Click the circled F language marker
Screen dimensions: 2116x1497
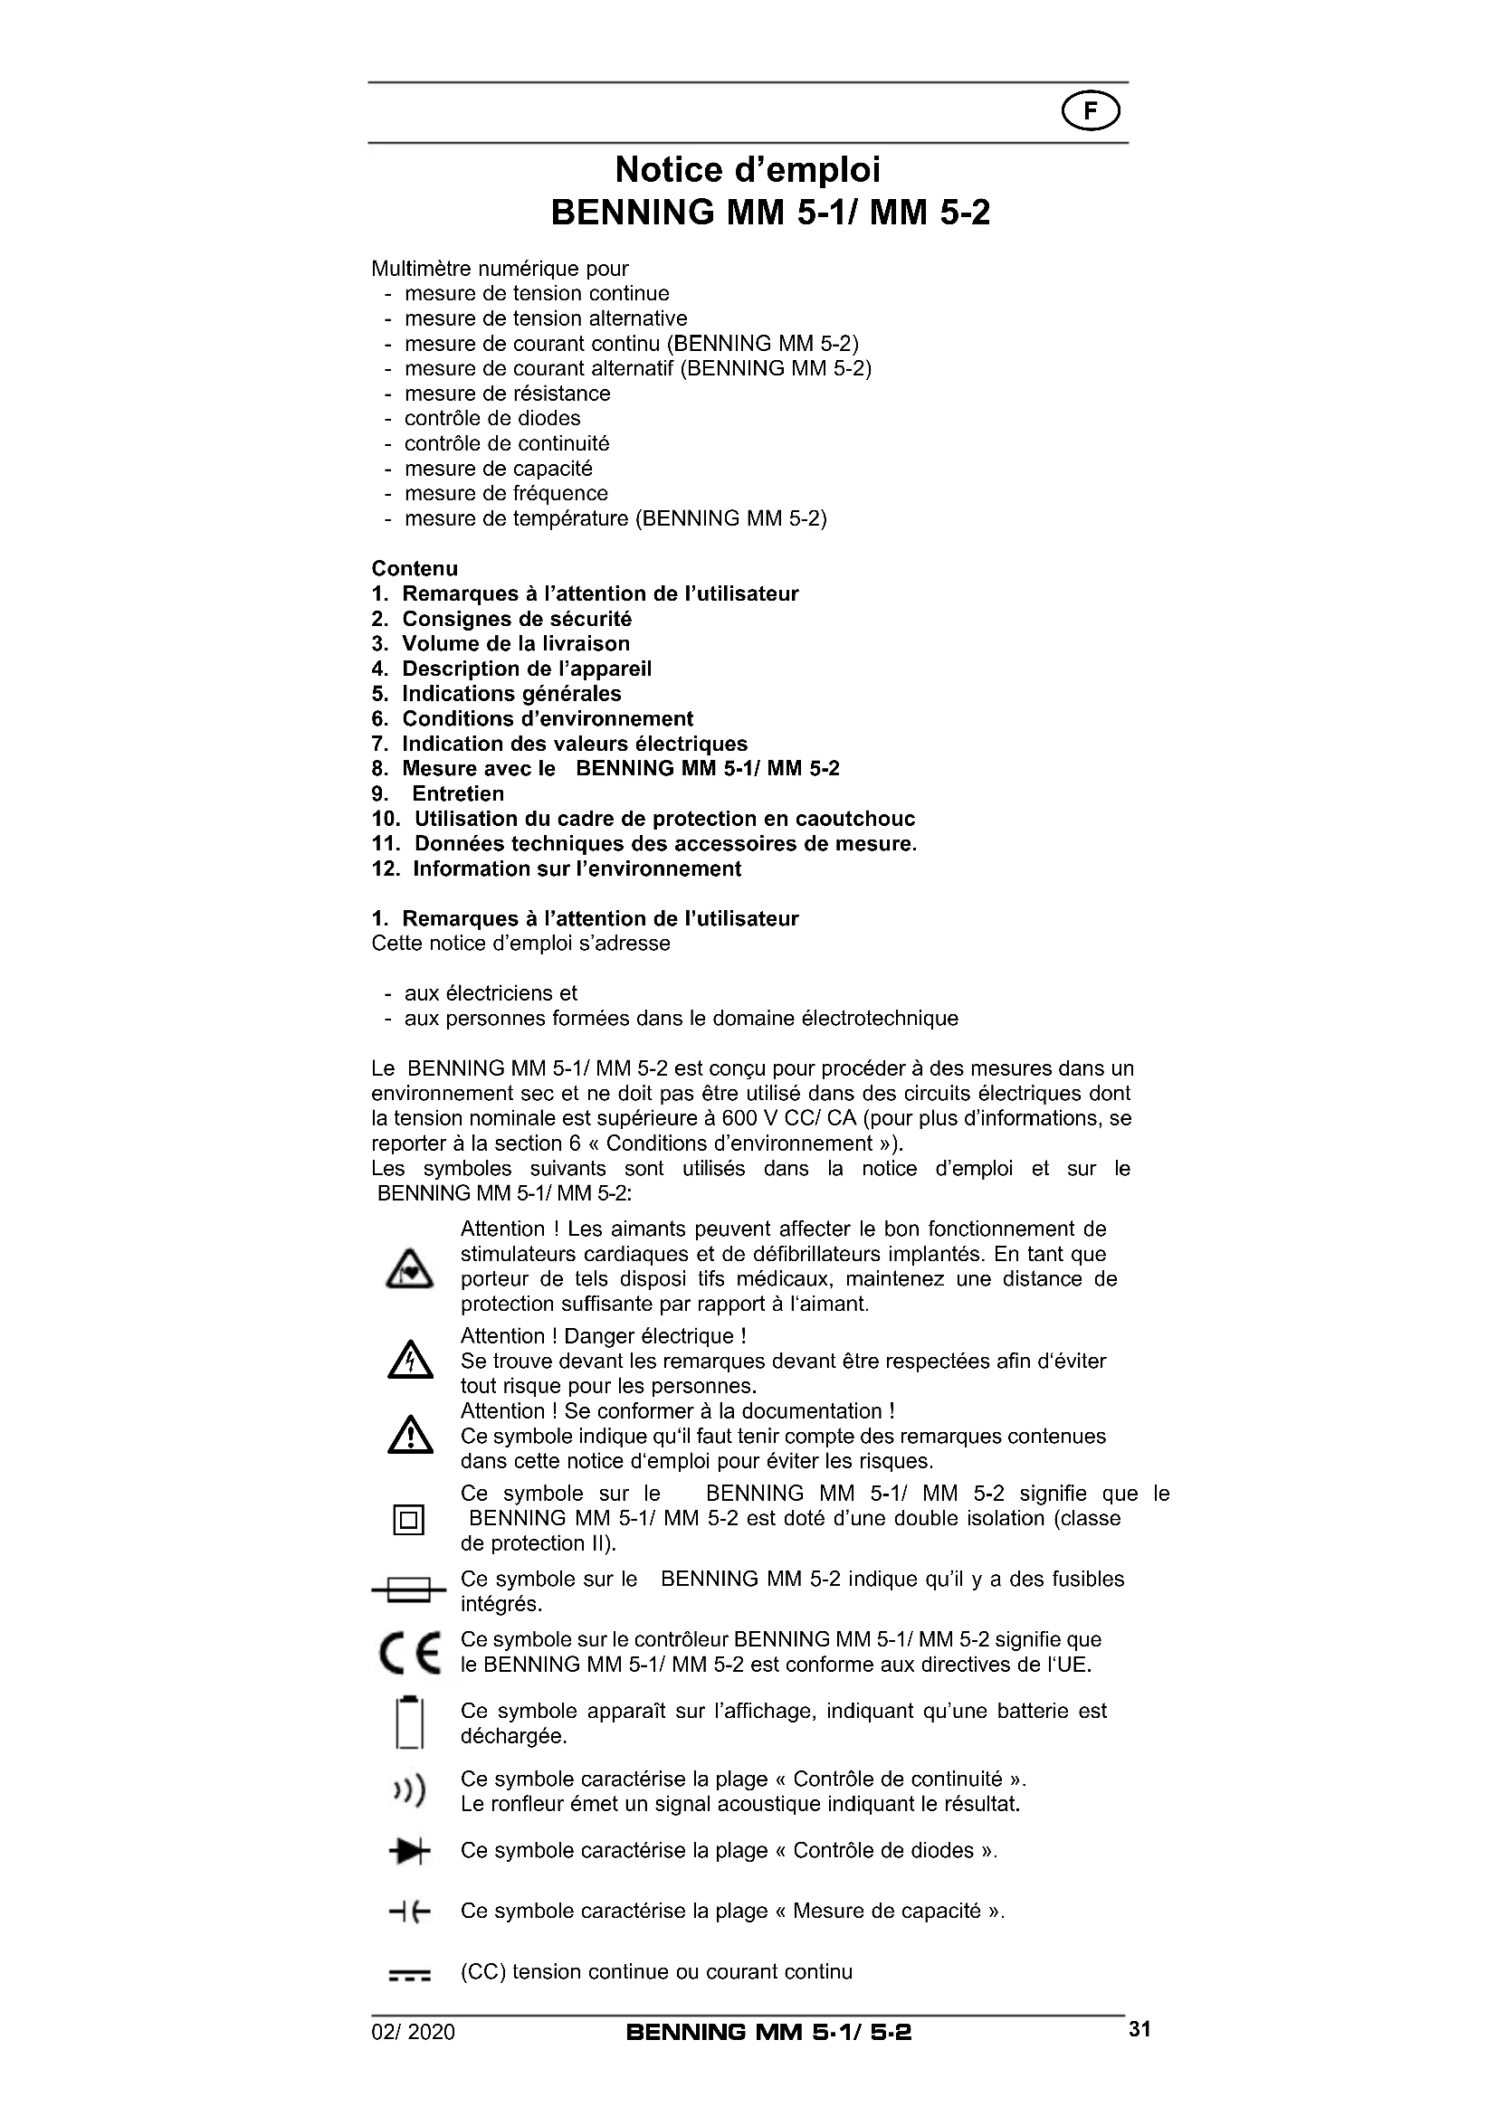pos(1091,112)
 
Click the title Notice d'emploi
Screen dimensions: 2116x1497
pos(748,169)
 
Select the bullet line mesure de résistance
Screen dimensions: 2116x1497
pos(507,394)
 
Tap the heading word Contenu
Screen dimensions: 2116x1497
pos(415,569)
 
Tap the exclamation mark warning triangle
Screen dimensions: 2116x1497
pos(410,1436)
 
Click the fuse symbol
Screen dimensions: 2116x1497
pos(408,1589)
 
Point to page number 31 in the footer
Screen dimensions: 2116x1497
pos(1139,2029)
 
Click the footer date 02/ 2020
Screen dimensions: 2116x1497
pos(413,2032)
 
